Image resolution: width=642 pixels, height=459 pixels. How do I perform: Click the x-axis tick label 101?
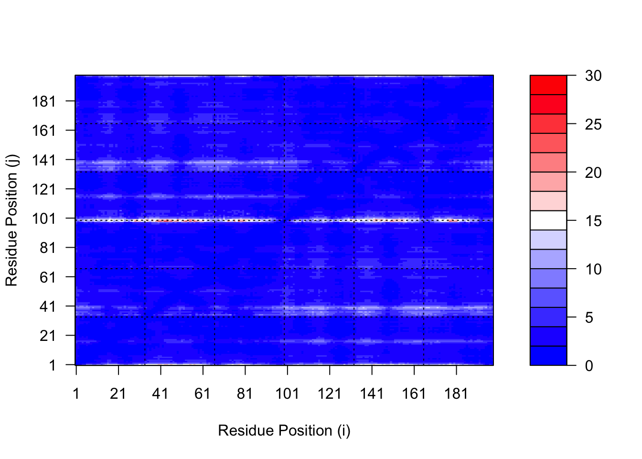pos(287,393)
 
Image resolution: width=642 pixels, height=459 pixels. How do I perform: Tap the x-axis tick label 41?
pos(160,393)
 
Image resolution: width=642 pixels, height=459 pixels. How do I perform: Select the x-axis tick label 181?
pos(456,393)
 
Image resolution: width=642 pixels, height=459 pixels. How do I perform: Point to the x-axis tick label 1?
pos(76,393)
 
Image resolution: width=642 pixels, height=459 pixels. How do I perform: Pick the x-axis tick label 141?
pos(372,393)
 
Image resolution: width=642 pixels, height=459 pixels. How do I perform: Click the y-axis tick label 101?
pos(44,219)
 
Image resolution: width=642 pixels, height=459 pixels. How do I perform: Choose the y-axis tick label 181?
pos(44,101)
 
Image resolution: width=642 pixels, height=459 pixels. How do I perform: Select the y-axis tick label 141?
pos(44,160)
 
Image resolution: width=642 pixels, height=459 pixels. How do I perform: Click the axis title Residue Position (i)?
pos(284,430)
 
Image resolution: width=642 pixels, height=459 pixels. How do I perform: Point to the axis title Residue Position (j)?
pos(11,220)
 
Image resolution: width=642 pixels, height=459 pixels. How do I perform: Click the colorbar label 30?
pos(593,76)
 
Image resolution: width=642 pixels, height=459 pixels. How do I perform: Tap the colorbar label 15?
pos(593,221)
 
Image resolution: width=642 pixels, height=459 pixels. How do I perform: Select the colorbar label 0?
pos(589,366)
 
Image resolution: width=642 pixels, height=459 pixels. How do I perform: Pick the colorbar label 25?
pos(593,124)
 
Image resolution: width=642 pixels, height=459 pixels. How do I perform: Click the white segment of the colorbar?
pos(548,220)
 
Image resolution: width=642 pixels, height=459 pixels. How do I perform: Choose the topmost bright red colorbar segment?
pos(548,85)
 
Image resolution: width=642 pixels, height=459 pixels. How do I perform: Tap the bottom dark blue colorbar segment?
pos(548,356)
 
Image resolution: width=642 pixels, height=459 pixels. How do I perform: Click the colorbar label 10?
pos(593,269)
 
